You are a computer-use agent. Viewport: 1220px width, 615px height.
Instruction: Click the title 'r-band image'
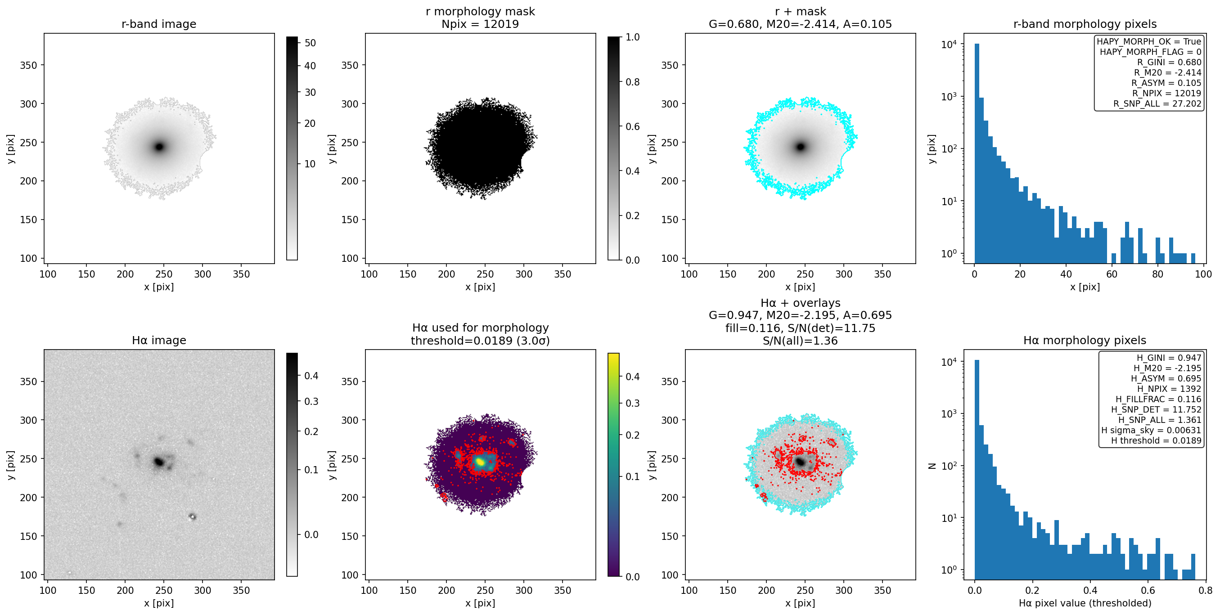[x=159, y=24]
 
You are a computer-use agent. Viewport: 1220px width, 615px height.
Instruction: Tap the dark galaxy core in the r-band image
[x=160, y=147]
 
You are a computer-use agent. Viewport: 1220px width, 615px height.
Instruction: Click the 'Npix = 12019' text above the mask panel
[x=480, y=24]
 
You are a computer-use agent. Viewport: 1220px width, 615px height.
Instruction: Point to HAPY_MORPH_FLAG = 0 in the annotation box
[x=1150, y=52]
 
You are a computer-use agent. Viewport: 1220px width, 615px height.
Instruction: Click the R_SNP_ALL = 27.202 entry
[x=1157, y=103]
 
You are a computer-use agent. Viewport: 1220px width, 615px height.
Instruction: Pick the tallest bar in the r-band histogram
[x=977, y=153]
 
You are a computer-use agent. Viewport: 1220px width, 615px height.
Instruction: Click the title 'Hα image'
[x=159, y=341]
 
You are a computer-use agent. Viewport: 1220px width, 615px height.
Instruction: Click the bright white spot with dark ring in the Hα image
[x=192, y=516]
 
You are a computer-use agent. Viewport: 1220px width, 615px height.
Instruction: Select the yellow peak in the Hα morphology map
[x=480, y=462]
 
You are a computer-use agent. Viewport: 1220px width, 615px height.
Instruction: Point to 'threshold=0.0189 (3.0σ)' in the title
[x=480, y=341]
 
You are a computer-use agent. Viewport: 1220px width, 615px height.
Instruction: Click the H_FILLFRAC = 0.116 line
[x=1158, y=399]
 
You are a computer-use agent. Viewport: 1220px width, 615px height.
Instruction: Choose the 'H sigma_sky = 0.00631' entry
[x=1151, y=431]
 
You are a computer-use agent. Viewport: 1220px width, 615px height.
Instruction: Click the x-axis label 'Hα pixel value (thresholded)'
[x=1085, y=603]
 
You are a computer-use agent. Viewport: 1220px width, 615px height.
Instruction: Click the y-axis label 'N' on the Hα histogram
[x=932, y=466]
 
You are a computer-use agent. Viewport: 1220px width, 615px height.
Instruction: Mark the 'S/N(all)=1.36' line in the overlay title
[x=800, y=341]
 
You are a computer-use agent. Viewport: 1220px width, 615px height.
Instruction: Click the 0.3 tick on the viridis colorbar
[x=632, y=404]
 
